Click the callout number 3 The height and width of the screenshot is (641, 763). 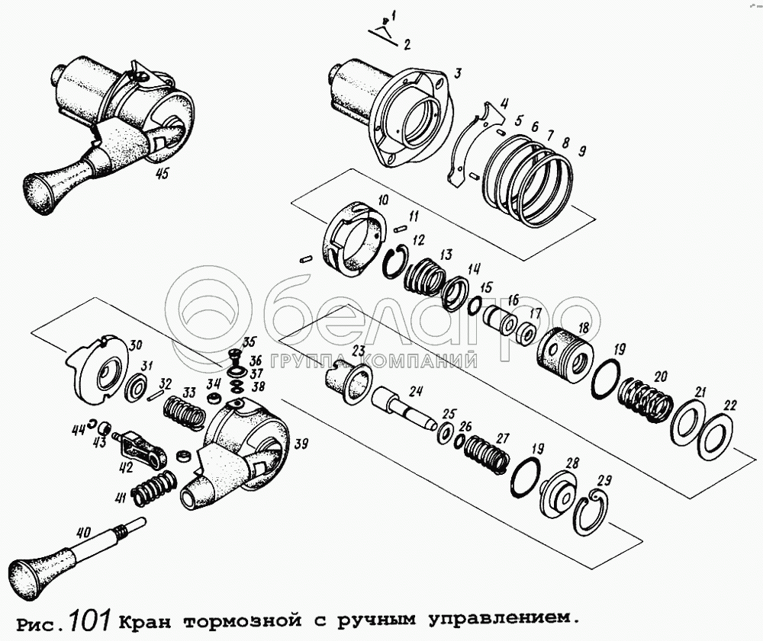pyautogui.click(x=456, y=73)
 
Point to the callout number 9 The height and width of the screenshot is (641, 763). pyautogui.click(x=582, y=151)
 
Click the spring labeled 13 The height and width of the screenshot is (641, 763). pyautogui.click(x=423, y=275)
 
